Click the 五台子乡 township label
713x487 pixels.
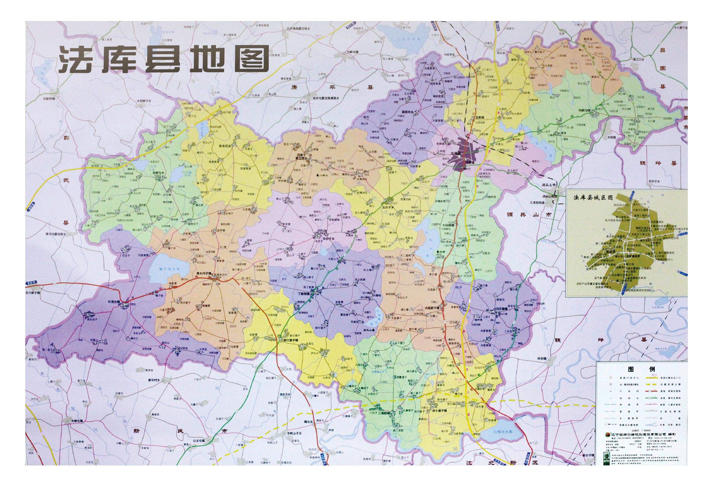tap(388, 207)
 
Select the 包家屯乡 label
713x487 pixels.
tap(159, 173)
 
